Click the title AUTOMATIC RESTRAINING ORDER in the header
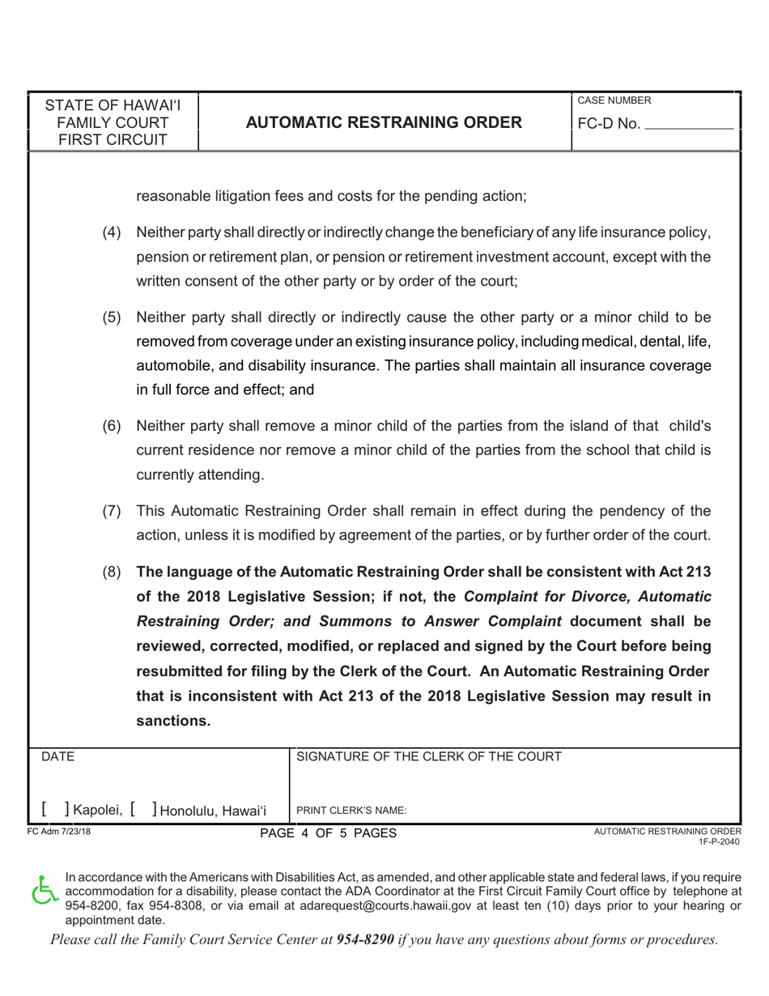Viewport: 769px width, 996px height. [x=384, y=122]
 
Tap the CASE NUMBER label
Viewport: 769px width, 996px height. [x=614, y=100]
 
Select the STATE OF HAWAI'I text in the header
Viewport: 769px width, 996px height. [x=113, y=105]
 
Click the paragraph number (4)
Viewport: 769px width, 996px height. [x=112, y=233]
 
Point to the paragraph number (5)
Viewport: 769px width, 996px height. [x=112, y=317]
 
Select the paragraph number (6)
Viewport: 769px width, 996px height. [x=112, y=426]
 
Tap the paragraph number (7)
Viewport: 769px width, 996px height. [x=112, y=511]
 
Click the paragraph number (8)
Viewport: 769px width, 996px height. [x=112, y=572]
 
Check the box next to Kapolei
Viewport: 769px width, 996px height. [x=56, y=810]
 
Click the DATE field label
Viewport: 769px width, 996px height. [x=57, y=757]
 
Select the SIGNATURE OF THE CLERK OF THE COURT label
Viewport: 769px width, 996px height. [x=429, y=757]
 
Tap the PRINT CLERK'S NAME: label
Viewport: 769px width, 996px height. [x=351, y=811]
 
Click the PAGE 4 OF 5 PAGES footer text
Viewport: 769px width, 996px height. [x=328, y=833]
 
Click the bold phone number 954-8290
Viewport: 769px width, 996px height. [x=365, y=940]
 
